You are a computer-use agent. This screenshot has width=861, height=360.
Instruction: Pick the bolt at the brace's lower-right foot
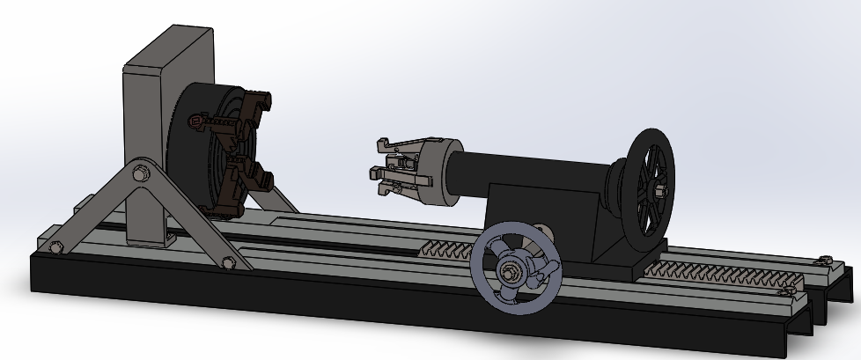[x=229, y=261]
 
